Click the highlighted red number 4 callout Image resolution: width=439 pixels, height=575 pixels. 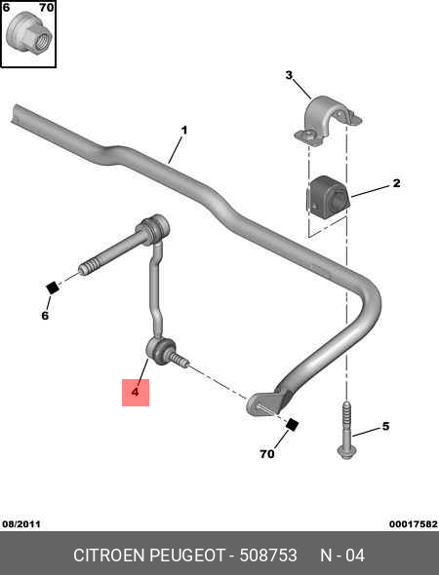[136, 392]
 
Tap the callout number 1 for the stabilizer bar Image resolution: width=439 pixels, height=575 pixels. [184, 131]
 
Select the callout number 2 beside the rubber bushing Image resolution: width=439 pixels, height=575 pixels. [396, 183]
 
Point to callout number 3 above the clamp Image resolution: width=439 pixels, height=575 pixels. [289, 75]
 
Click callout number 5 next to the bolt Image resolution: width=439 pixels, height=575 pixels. [385, 426]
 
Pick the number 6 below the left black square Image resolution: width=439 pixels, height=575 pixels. [45, 316]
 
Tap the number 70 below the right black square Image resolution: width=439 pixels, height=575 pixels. [267, 454]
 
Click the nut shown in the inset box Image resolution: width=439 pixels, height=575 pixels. [29, 34]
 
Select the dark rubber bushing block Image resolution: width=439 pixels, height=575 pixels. [327, 198]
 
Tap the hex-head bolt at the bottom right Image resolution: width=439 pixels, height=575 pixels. [344, 431]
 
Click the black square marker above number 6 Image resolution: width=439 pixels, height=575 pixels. [52, 287]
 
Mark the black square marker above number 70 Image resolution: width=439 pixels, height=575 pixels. [292, 425]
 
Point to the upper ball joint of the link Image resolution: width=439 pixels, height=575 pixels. [155, 227]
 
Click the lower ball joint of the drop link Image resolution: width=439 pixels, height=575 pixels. [160, 351]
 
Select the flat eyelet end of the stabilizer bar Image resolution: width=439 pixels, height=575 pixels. [265, 403]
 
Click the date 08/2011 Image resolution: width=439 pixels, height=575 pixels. [21, 523]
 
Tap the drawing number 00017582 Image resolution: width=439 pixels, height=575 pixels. [414, 524]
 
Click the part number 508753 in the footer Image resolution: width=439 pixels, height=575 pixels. [268, 556]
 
